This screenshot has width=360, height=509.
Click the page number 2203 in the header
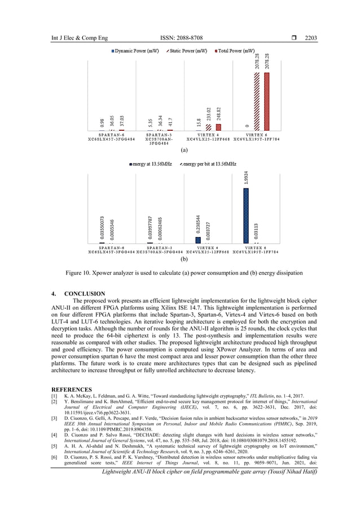click(310, 38)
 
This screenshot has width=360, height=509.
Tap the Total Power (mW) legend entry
click(237, 51)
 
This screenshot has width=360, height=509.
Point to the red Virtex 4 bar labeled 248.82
click(218, 128)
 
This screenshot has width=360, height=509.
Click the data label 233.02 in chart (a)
click(209, 114)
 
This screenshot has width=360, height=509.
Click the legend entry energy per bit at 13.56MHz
click(210, 164)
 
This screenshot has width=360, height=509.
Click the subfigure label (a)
click(183, 151)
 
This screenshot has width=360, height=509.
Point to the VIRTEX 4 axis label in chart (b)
click(208, 247)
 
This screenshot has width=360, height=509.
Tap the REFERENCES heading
click(72, 389)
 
